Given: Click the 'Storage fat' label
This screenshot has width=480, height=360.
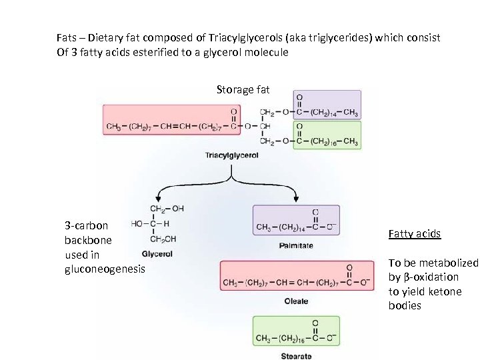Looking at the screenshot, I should [243, 89].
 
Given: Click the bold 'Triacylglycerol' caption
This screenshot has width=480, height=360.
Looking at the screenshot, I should [232, 155].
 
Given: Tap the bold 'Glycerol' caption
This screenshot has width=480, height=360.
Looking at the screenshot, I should [157, 254].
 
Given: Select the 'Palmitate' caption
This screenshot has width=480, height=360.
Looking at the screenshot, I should [296, 245].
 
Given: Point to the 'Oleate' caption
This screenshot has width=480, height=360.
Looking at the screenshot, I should [297, 301].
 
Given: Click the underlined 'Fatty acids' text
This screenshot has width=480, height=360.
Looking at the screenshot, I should [414, 234].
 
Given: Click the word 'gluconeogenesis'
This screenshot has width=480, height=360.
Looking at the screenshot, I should [104, 269].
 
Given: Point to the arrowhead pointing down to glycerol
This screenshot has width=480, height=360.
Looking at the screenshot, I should [158, 198].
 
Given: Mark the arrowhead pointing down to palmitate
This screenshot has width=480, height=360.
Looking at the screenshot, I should [295, 198].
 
